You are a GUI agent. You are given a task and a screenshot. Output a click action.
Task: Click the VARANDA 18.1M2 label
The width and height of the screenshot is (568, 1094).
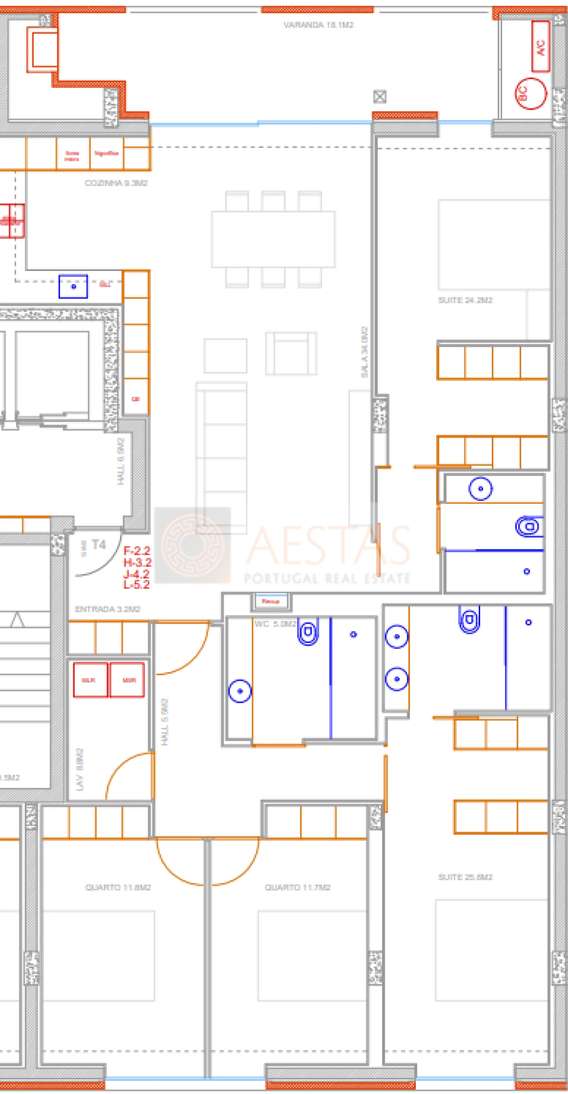click(x=318, y=25)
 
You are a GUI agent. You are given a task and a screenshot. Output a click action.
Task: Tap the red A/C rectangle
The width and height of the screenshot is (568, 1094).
click(x=540, y=46)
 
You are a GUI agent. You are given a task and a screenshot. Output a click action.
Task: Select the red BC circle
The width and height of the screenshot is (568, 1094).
click(x=530, y=93)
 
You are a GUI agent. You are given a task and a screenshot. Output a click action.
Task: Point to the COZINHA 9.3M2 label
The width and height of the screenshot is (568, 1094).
click(x=116, y=183)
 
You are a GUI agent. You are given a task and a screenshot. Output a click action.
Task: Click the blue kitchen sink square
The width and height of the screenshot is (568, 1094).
click(x=73, y=286)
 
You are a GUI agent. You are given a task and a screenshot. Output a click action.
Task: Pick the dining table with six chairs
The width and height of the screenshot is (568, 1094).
click(x=273, y=239)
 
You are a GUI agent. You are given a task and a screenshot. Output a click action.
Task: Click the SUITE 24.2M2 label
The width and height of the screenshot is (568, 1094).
click(x=465, y=300)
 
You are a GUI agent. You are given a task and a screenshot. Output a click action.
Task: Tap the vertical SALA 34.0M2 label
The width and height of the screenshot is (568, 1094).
click(x=364, y=352)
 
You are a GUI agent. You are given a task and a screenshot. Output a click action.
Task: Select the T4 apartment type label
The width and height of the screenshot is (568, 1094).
click(x=99, y=545)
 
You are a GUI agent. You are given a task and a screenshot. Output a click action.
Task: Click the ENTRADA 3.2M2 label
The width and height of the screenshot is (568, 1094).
click(x=107, y=609)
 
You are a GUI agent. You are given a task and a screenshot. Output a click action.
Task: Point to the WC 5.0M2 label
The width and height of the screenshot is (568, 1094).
click(x=275, y=624)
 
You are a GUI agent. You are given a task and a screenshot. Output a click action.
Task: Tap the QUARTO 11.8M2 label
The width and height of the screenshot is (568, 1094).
click(x=118, y=887)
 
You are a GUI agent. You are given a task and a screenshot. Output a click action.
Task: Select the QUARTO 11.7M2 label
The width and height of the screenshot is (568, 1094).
click(x=297, y=887)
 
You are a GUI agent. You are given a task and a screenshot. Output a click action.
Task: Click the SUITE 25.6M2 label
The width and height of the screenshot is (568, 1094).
click(x=465, y=877)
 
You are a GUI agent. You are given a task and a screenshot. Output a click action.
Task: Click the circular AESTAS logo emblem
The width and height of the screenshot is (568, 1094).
click(x=193, y=544)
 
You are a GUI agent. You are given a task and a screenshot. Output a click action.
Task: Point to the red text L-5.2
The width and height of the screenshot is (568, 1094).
click(x=136, y=585)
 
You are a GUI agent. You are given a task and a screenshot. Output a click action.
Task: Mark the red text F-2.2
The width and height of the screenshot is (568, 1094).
click(x=137, y=551)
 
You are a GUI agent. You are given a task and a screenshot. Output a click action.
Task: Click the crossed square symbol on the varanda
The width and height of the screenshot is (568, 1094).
click(x=379, y=96)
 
